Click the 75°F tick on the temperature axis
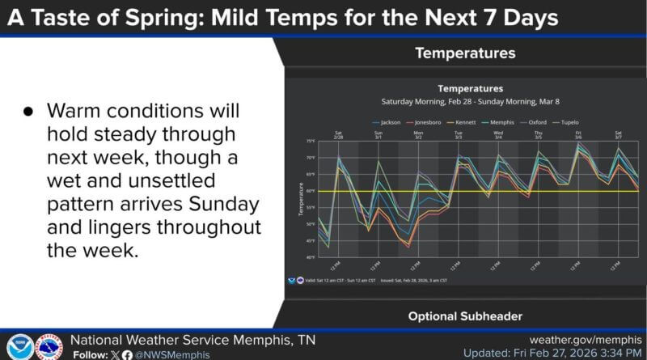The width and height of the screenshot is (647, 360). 310,141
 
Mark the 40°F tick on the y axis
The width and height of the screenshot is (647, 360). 310,257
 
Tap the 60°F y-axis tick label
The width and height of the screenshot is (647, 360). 310,191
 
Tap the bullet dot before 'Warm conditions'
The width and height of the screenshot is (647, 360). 27,111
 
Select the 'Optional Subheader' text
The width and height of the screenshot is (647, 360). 464,316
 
